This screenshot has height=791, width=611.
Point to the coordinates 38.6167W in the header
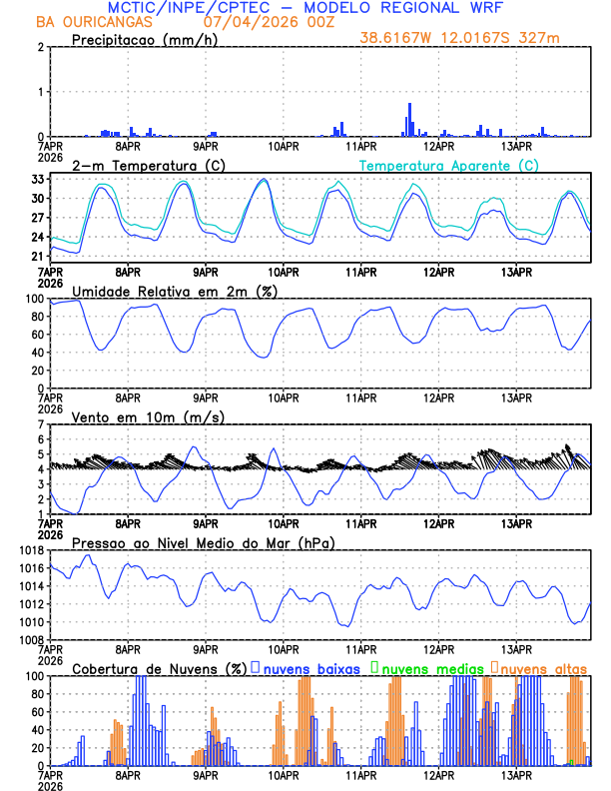[399, 40]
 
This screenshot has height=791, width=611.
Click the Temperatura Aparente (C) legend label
[449, 165]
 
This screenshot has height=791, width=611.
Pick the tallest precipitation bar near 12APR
[409, 119]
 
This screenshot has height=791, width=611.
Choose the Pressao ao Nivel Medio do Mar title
[203, 542]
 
